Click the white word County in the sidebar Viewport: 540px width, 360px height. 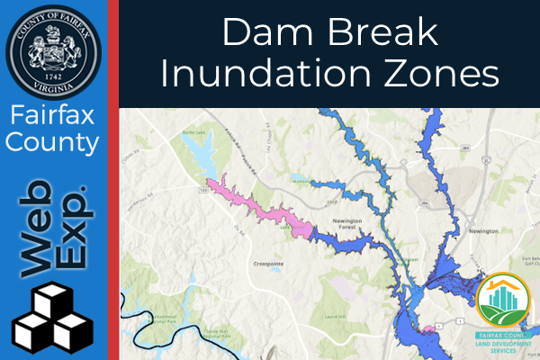53,142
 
